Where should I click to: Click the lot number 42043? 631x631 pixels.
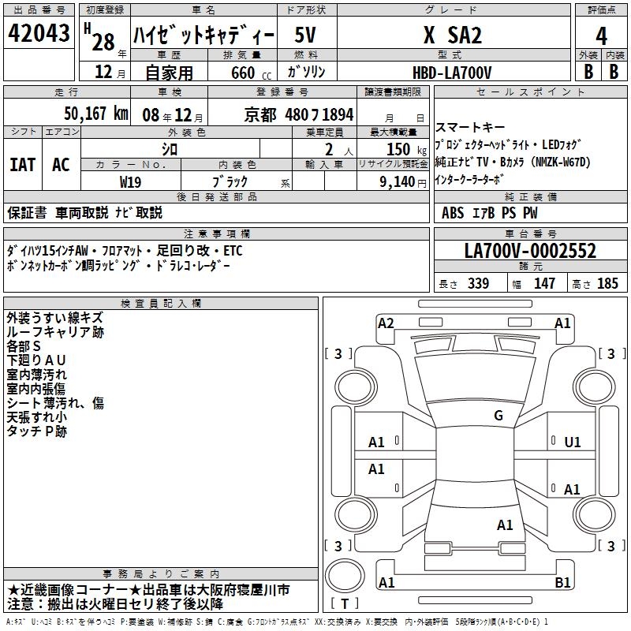[39, 34]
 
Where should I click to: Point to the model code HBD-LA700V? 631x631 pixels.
[452, 73]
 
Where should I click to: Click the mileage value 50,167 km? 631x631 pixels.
[84, 114]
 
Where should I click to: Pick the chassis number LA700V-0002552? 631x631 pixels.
[530, 252]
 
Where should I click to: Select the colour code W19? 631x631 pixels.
[131, 181]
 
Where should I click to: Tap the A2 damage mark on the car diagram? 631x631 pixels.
[386, 323]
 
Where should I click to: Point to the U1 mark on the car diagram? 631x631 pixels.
[573, 442]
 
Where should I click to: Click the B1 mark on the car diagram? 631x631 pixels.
[563, 583]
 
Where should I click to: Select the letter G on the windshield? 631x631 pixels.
[498, 416]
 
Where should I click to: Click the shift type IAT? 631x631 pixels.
[22, 165]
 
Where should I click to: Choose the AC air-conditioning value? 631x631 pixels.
[61, 165]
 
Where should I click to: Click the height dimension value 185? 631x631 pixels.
[607, 284]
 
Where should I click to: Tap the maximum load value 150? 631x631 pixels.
[398, 149]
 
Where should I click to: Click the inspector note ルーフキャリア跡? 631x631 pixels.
[55, 332]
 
